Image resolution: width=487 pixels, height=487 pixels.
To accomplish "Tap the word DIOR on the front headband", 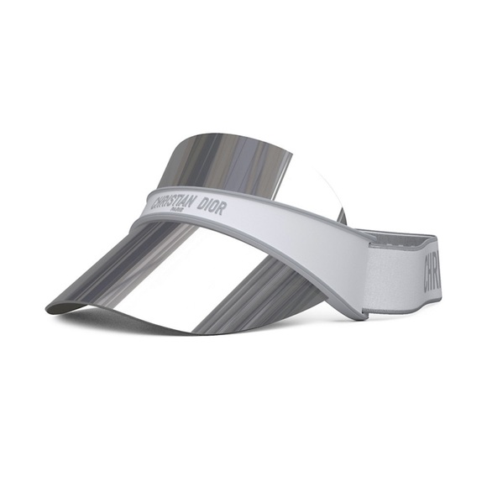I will pos(211,207).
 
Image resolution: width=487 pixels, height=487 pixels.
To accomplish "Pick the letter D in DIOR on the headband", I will pos(201,204).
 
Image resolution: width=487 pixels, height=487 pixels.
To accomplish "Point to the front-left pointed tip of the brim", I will pos(49,310).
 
